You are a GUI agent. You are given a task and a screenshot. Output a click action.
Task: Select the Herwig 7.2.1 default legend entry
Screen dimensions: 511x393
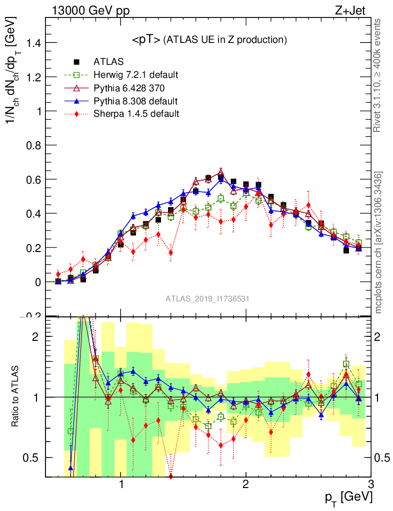[x=135, y=75]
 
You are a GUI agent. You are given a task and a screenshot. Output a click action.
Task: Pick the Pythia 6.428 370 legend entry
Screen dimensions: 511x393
[x=129, y=88]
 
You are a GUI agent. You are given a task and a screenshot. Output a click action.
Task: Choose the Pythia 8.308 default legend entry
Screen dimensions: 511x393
[x=135, y=101]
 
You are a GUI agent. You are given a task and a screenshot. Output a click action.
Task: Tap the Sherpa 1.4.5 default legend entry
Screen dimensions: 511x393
[x=136, y=114]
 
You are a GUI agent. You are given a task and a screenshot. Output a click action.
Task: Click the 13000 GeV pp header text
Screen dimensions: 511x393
[x=90, y=10]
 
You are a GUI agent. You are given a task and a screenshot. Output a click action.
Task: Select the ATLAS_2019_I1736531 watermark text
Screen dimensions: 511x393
[x=207, y=298]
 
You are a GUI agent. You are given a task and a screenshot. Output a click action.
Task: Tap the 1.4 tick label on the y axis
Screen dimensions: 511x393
[x=33, y=43]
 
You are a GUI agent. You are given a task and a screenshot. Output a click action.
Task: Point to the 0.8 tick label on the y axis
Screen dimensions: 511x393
[x=33, y=145]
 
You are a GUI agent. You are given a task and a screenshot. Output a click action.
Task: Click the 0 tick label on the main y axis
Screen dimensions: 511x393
[x=37, y=282]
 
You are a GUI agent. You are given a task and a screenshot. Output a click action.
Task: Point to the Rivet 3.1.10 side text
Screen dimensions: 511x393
[x=378, y=75]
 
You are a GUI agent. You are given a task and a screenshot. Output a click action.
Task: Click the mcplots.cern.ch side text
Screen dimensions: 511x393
[x=378, y=243]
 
